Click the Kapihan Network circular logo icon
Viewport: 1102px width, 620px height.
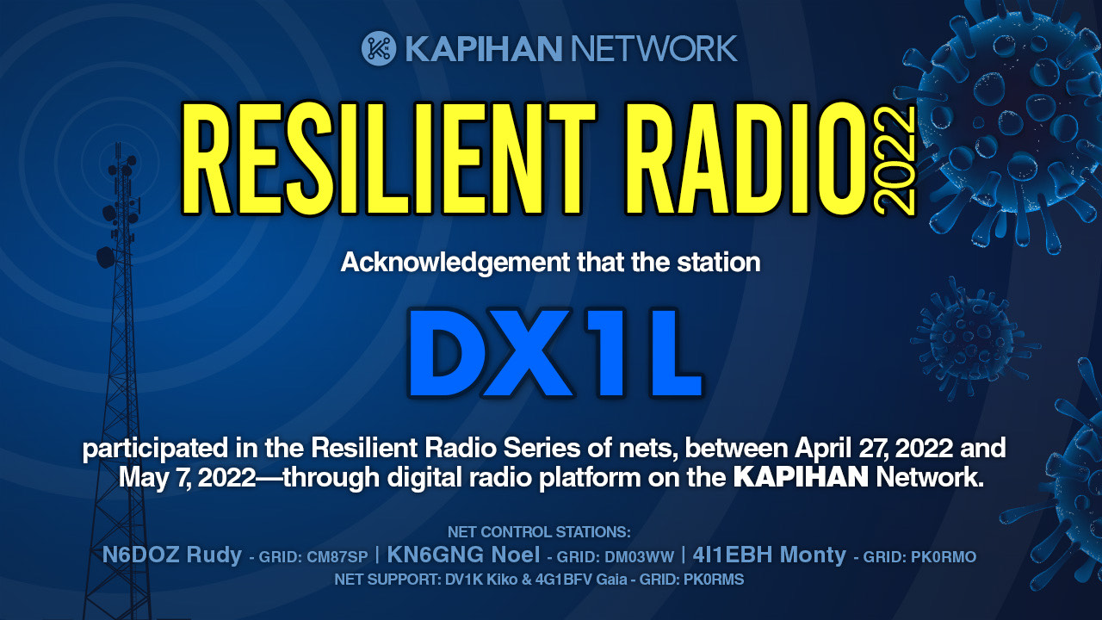tap(379, 48)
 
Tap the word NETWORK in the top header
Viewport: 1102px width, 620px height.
tap(653, 48)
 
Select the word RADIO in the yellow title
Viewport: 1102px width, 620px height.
tap(746, 158)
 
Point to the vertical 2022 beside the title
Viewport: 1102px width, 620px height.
tap(895, 160)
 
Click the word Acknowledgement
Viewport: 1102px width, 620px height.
tap(455, 263)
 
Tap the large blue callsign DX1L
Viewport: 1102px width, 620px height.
tap(555, 352)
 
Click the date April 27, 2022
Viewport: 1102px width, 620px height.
tap(874, 449)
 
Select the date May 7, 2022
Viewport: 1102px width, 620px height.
tap(188, 478)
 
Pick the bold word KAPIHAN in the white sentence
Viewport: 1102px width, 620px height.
tap(801, 477)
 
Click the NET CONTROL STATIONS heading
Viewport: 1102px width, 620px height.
tap(539, 532)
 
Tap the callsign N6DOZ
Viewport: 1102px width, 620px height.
tap(140, 555)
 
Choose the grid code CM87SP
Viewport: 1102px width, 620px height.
tap(337, 557)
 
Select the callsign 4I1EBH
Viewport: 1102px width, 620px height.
tap(733, 555)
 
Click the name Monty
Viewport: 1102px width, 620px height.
tap(813, 555)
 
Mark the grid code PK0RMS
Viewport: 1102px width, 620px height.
tap(714, 580)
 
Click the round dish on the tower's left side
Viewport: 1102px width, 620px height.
tap(105, 257)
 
